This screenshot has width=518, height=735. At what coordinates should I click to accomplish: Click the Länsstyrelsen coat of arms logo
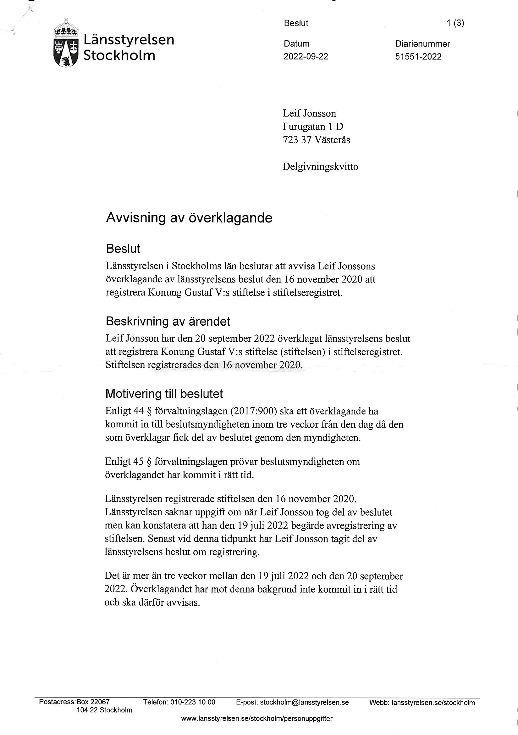(66, 43)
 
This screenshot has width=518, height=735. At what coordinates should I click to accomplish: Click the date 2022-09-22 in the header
(306, 57)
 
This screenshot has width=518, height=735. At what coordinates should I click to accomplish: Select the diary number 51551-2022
(418, 57)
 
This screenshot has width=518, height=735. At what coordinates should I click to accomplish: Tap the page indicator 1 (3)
(455, 23)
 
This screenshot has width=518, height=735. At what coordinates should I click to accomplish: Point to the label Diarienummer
(422, 44)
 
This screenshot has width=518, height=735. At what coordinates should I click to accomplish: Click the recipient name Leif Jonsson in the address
(309, 113)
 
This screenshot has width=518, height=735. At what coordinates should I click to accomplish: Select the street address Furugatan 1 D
(313, 127)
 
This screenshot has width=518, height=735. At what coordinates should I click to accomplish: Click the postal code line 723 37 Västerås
(316, 140)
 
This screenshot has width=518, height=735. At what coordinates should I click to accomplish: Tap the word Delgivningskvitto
(320, 167)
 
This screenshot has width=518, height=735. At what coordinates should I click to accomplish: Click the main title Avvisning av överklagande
(189, 218)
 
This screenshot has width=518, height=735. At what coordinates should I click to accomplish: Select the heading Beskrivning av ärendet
(168, 321)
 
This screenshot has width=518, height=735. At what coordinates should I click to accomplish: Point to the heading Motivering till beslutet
(164, 394)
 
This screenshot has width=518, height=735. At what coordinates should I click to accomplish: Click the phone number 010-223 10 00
(193, 702)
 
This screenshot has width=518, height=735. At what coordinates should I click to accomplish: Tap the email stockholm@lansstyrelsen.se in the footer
(304, 702)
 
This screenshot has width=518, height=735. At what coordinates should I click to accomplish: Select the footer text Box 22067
(93, 702)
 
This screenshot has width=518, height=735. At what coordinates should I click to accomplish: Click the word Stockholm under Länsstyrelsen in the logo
(119, 55)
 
